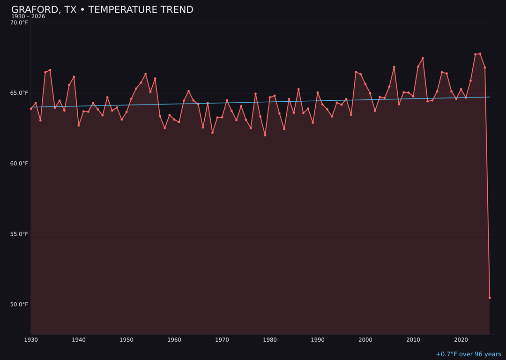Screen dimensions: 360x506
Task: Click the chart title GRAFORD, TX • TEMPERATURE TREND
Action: point(102,10)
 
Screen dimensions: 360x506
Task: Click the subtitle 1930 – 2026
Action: point(28,17)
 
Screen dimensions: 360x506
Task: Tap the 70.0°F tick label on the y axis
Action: point(19,22)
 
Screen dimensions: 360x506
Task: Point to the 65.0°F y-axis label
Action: point(19,93)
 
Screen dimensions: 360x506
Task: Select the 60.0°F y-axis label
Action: point(19,164)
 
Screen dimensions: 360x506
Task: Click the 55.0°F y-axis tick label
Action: point(19,234)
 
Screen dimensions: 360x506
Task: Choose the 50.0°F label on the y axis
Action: point(19,304)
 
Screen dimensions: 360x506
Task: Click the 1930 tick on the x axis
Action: point(31,340)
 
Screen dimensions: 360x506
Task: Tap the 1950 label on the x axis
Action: point(126,340)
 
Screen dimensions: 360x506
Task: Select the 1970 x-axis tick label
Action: point(222,340)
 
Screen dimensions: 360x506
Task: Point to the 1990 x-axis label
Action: point(318,340)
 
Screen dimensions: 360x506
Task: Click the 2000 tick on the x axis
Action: point(365,340)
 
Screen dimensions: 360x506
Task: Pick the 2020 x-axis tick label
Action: point(461,340)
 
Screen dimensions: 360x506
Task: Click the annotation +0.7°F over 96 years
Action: point(468,354)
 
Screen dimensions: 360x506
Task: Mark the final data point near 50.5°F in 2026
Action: point(490,298)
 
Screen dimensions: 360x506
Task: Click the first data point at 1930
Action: point(31,109)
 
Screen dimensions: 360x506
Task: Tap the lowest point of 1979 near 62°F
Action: point(265,135)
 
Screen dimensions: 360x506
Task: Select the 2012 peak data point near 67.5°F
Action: point(423,58)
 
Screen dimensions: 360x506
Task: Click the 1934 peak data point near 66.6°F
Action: point(50,70)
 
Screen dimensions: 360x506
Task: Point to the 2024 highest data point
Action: point(480,54)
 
